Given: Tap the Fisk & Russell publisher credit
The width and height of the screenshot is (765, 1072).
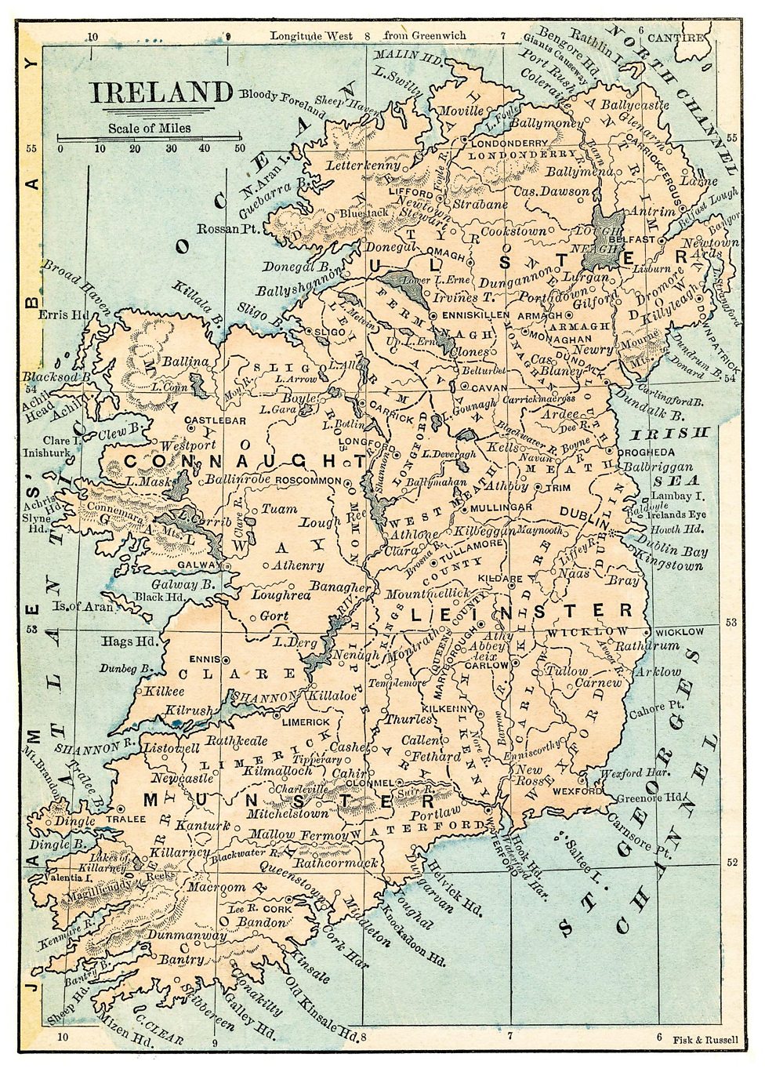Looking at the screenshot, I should [x=705, y=1041].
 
